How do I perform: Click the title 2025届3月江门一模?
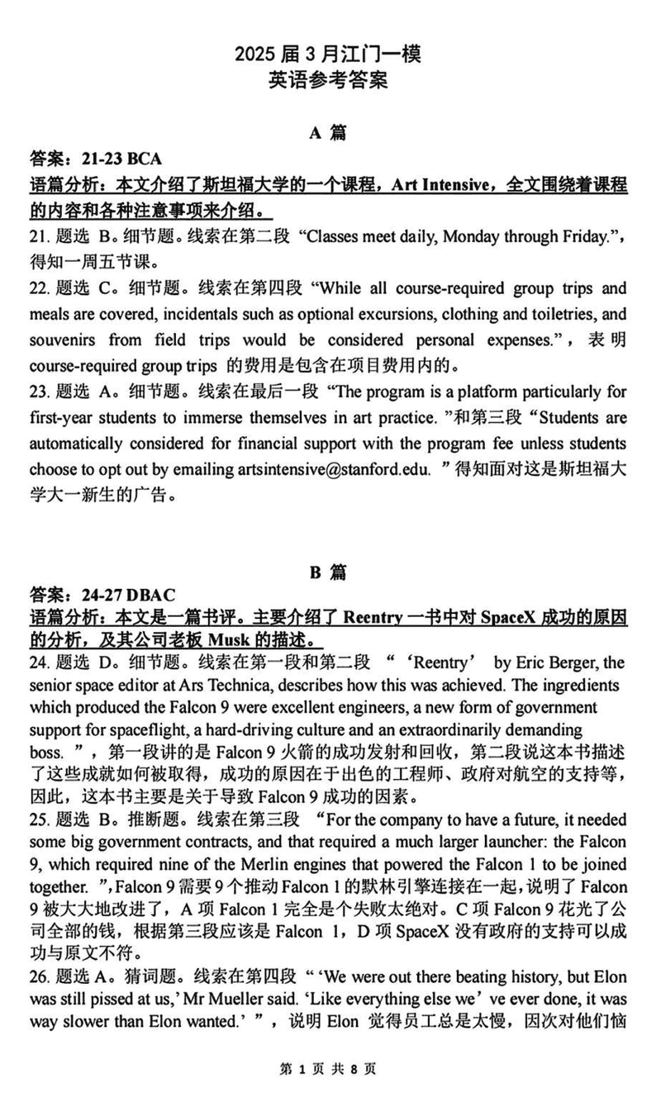pyautogui.click(x=328, y=55)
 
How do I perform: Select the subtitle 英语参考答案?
pyautogui.click(x=328, y=81)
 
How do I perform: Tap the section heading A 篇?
pyautogui.click(x=328, y=133)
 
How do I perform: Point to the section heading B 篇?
pyautogui.click(x=328, y=572)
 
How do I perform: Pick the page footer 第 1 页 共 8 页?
pyautogui.click(x=328, y=1069)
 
